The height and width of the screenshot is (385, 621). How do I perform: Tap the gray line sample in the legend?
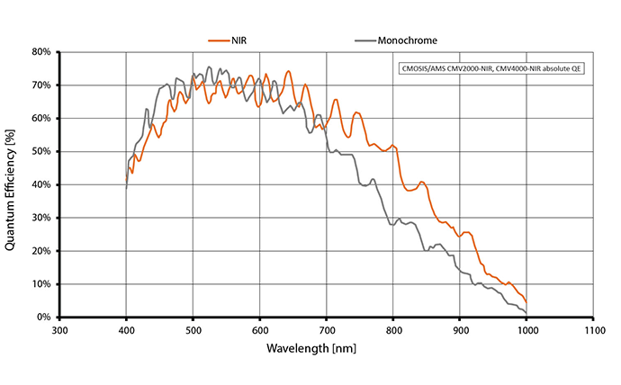click(x=365, y=40)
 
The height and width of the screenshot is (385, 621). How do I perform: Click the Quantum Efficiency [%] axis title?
click(x=12, y=184)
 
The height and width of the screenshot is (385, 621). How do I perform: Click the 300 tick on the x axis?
click(x=59, y=330)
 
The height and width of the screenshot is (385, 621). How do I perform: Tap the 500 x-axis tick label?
click(x=193, y=330)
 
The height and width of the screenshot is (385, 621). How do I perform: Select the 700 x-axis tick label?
click(x=326, y=330)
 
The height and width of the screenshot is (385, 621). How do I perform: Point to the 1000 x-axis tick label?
click(x=526, y=330)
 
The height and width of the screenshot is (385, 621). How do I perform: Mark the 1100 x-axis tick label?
click(x=593, y=330)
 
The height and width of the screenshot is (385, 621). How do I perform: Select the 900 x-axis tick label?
click(x=460, y=330)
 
